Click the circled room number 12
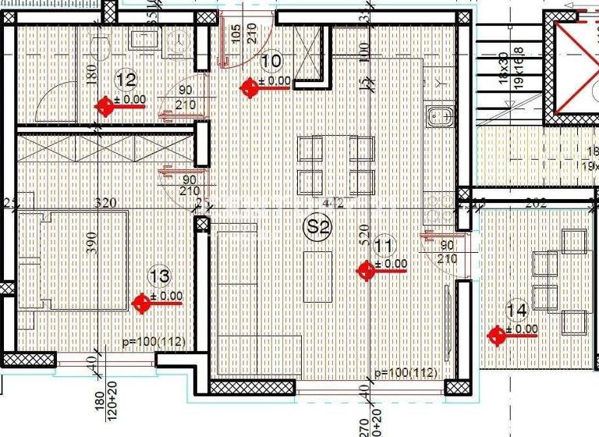point(126,79)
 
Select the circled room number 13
point(159,275)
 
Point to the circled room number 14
point(516,310)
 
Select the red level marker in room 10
point(250,87)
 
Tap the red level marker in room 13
point(141,303)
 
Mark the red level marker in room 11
point(365,270)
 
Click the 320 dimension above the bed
point(105,203)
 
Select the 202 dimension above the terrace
point(535,202)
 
